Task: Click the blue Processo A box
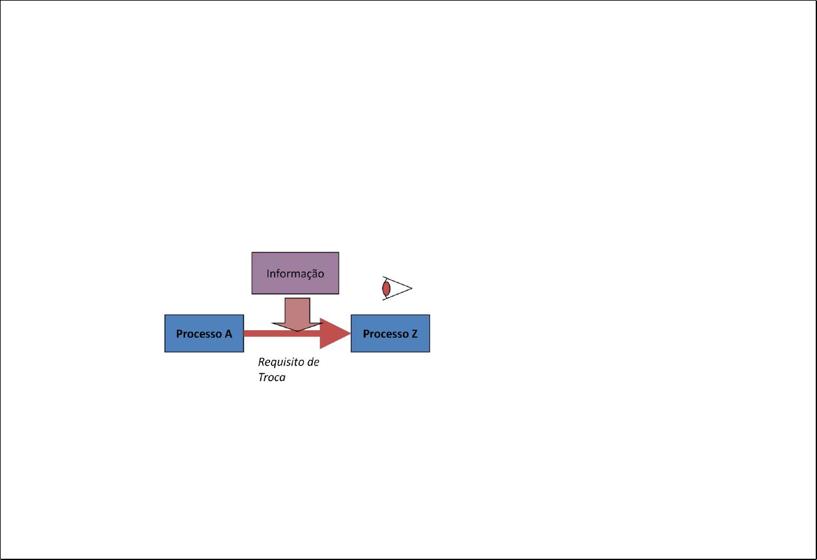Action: click(204, 333)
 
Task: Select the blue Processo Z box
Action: click(390, 333)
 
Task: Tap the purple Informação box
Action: click(295, 273)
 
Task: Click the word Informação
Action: click(295, 274)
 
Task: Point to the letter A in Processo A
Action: click(228, 333)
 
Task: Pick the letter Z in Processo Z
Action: click(414, 333)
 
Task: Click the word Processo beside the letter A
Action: click(199, 334)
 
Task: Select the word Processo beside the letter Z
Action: click(386, 334)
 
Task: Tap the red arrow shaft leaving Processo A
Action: click(282, 333)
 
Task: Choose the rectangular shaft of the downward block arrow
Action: click(297, 311)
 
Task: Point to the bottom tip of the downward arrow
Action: click(297, 331)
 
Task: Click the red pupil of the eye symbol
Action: click(386, 289)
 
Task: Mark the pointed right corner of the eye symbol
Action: click(412, 288)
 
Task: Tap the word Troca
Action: click(271, 377)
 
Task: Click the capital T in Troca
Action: click(262, 377)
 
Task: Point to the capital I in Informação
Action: click(268, 273)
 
